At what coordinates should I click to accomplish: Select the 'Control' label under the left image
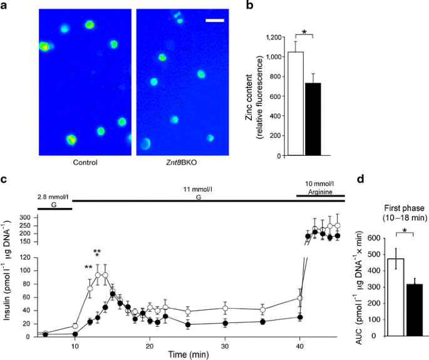(x=85, y=162)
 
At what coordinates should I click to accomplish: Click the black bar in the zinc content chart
(x=313, y=119)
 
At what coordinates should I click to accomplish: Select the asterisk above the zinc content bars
(x=304, y=31)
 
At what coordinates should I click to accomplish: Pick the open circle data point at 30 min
(x=225, y=308)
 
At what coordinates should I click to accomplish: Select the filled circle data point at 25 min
(x=188, y=324)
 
